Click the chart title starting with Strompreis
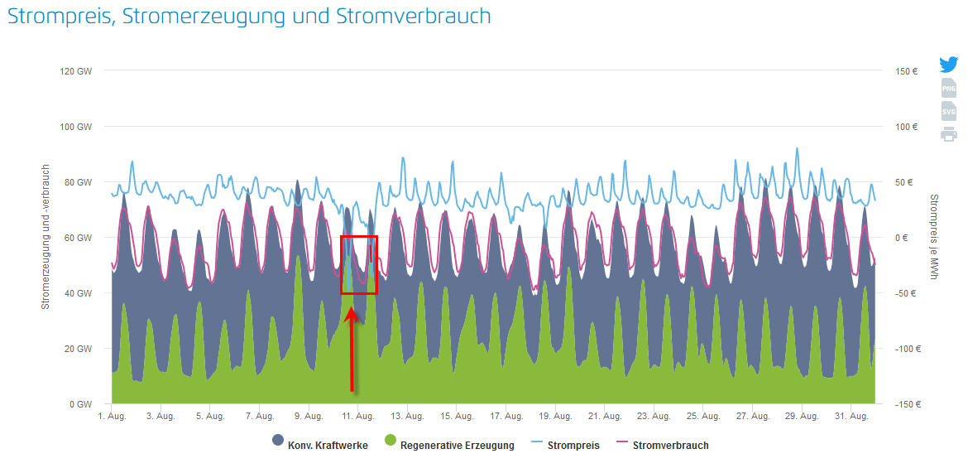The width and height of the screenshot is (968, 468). [249, 17]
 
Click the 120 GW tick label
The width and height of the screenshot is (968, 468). [75, 71]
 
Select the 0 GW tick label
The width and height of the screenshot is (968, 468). [80, 404]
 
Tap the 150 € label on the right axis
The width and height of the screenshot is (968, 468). [907, 71]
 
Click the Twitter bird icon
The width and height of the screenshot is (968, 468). [948, 65]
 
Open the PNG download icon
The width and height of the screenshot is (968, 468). [948, 88]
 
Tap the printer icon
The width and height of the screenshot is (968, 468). [948, 134]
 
